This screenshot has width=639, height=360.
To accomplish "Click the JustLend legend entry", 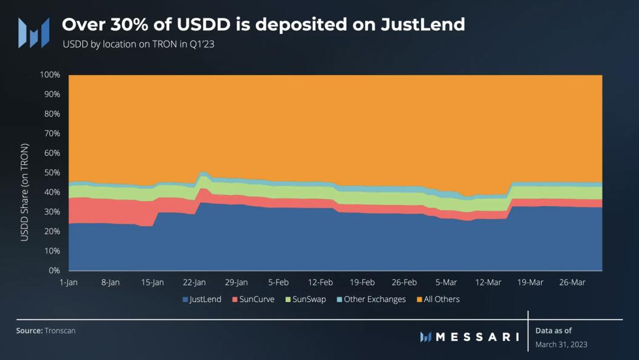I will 202,300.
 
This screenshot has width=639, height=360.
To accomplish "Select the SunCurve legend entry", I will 253,300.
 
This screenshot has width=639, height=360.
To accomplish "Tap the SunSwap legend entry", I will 305,300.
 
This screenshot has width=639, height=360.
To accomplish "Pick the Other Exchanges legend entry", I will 371,300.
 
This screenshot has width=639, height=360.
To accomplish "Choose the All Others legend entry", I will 438,300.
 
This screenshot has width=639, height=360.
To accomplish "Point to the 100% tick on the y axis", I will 50,75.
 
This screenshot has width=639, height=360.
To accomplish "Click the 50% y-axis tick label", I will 51,173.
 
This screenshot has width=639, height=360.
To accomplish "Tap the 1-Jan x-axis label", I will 69,282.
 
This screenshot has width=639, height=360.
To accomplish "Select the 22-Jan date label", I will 195,282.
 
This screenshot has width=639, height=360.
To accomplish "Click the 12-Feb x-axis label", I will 321,282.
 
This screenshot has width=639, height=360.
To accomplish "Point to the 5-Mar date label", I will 446,282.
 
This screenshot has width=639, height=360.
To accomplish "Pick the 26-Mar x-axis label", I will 572,282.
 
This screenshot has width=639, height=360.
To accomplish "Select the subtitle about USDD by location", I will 138,44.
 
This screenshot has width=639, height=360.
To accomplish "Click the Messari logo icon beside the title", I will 33,33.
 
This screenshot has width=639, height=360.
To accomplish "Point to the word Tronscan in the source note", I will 60,330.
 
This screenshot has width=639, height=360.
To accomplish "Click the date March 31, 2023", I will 561,345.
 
